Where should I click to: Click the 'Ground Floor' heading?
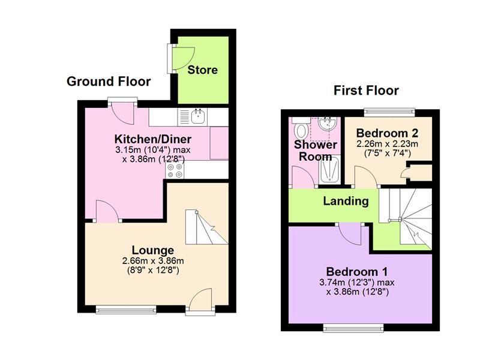(109, 82)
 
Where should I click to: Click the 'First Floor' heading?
(366, 91)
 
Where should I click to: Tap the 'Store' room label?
(202, 70)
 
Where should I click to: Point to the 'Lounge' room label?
(153, 250)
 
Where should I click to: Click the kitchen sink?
(198, 116)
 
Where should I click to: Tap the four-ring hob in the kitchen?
(175, 170)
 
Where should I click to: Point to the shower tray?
(329, 170)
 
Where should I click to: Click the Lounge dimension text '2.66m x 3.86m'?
(153, 261)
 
